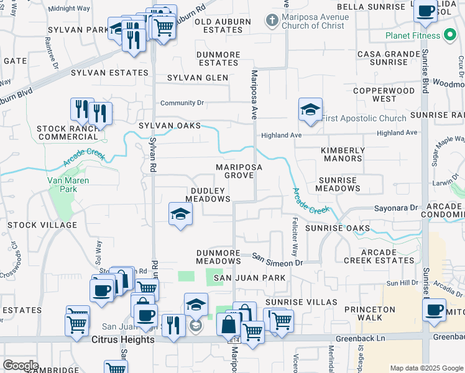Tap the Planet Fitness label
tap(412, 35)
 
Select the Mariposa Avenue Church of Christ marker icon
tap(271, 21)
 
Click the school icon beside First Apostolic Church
tap(310, 110)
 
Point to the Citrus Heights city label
tap(122, 340)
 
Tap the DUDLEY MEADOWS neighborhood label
tap(211, 195)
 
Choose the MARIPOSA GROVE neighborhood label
tap(239, 172)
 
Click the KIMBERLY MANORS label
tap(343, 155)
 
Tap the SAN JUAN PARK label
tap(249, 278)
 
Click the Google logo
tap(20, 366)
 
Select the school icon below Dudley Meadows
tap(181, 214)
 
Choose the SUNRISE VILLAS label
tap(301, 302)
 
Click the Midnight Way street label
tap(68, 9)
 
